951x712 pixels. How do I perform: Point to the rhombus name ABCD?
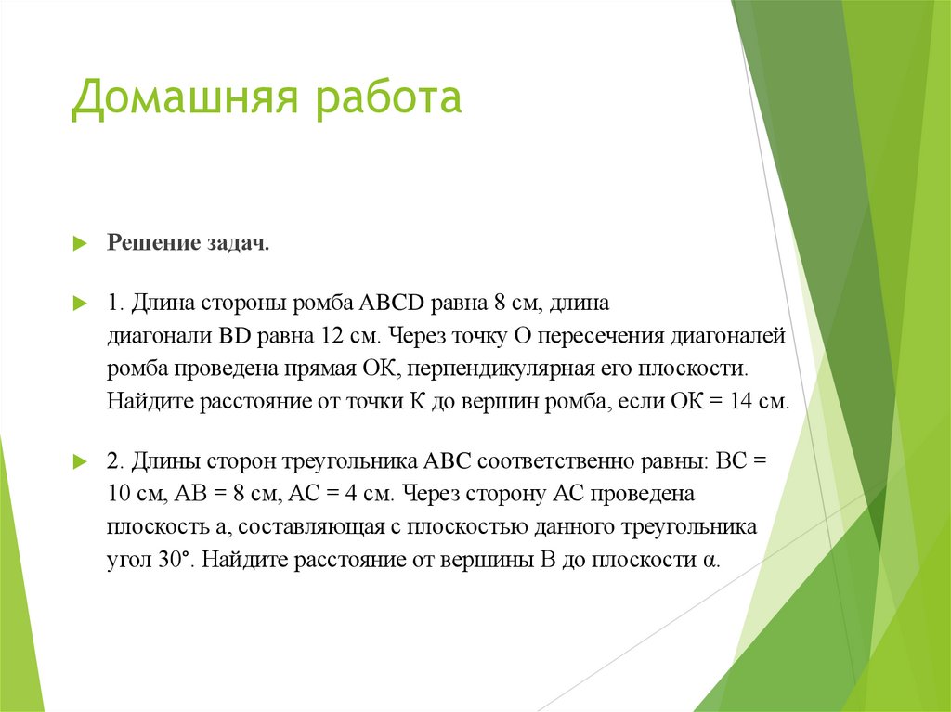tap(391, 304)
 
